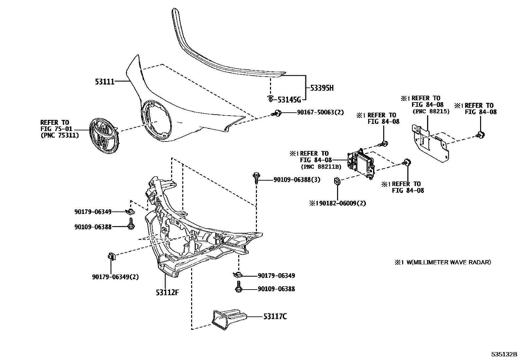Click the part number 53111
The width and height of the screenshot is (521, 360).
click(x=105, y=81)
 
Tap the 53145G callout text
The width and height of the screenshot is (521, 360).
click(x=289, y=99)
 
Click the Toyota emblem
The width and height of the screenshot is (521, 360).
click(x=105, y=135)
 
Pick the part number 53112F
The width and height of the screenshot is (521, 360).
click(x=167, y=292)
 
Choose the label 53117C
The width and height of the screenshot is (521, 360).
click(x=275, y=317)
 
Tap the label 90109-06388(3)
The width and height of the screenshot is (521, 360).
click(x=297, y=180)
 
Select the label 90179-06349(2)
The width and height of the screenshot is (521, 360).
click(x=115, y=277)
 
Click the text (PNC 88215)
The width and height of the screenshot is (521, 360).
click(x=431, y=111)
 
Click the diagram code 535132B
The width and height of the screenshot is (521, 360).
click(x=503, y=355)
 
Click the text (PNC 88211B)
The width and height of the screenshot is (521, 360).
click(x=321, y=167)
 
